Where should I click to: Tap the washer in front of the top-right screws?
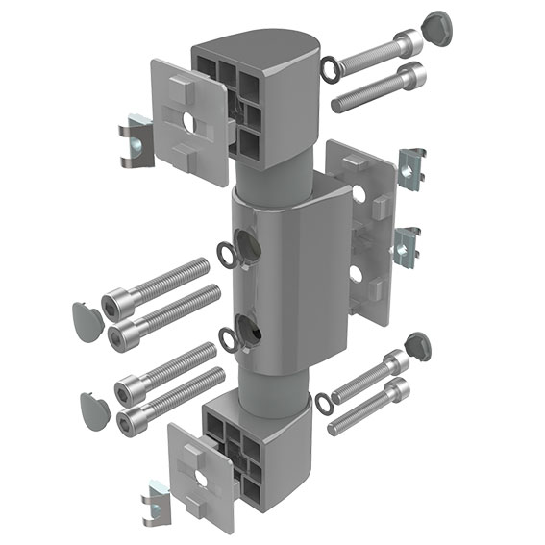tap(330, 68)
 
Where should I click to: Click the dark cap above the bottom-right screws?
tap(418, 344)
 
